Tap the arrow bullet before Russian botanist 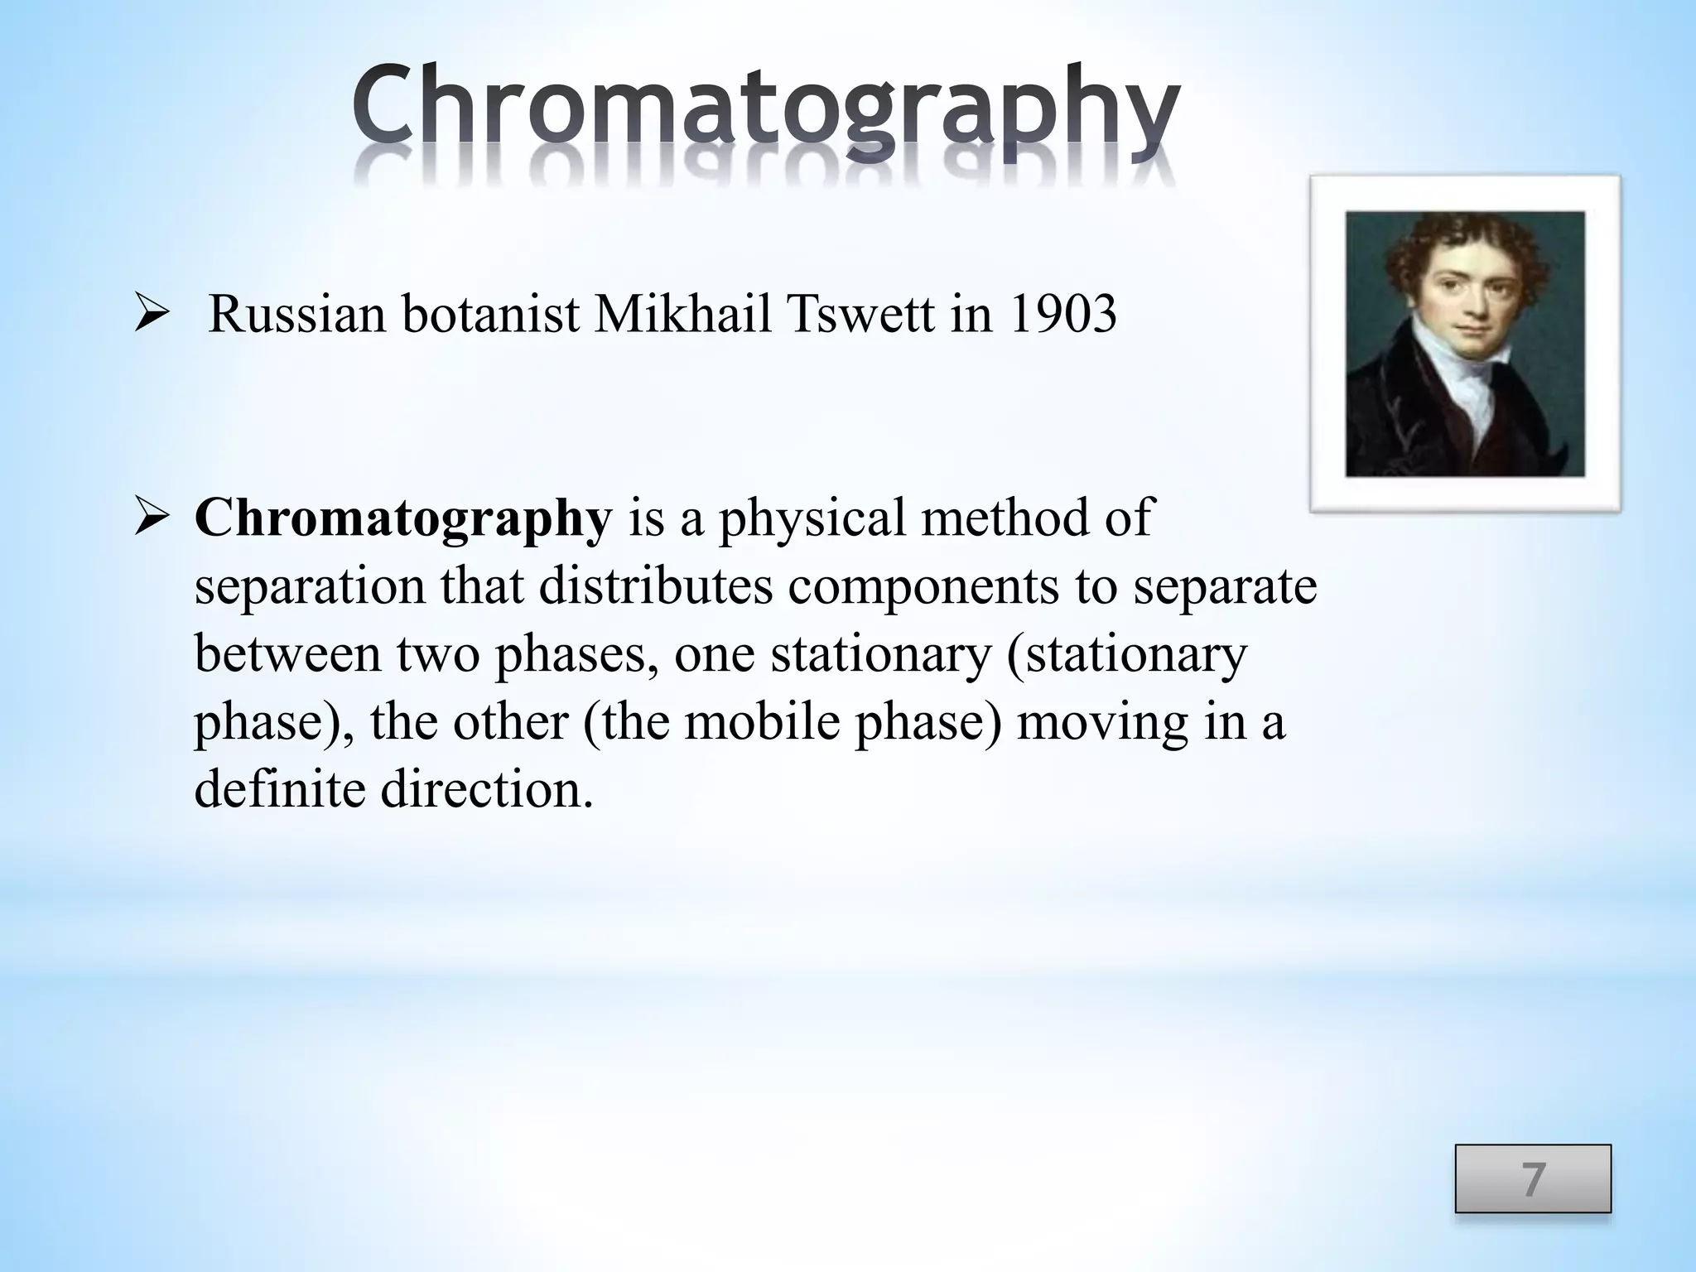(152, 316)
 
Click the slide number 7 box (1533, 1178)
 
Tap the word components (923, 588)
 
